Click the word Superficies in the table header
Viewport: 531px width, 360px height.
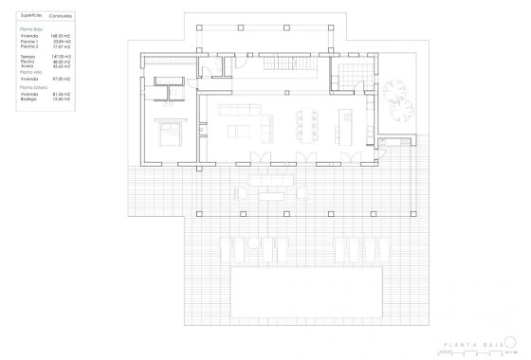(x=31, y=16)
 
